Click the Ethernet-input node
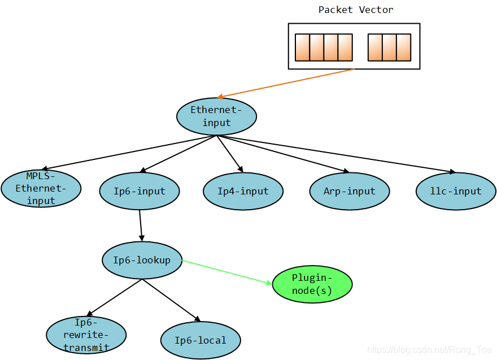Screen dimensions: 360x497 tap(217, 116)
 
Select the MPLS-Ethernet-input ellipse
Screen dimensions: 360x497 tap(41, 189)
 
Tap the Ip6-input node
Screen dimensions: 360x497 tap(139, 191)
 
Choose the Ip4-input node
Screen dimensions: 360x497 tap(243, 191)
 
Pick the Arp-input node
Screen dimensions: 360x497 tap(350, 191)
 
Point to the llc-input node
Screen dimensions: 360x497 tap(456, 191)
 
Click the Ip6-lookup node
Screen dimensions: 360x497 tap(142, 260)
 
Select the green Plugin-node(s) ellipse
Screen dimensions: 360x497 tap(312, 284)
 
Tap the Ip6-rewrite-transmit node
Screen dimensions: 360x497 tap(86, 335)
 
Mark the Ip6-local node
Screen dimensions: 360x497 tap(200, 340)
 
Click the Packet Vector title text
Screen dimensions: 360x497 tap(356, 10)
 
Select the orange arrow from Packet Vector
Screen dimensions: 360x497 tap(285, 83)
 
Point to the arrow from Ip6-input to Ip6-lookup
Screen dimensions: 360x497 tap(141, 225)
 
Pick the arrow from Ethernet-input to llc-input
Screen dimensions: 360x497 tap(336, 154)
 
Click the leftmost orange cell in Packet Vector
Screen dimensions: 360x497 tap(302, 47)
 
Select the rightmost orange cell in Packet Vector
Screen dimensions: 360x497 tap(403, 47)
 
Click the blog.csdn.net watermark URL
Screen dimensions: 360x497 tap(430, 350)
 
